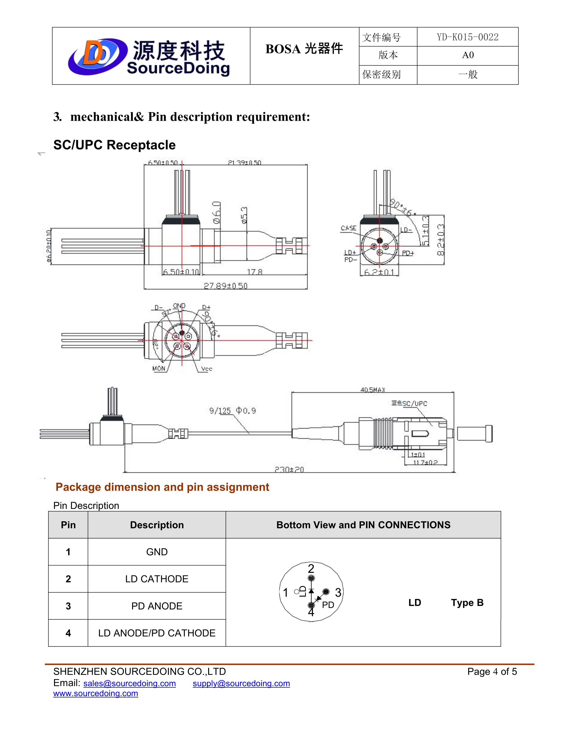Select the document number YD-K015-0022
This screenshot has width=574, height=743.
tap(468, 37)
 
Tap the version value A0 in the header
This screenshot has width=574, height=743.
tap(468, 55)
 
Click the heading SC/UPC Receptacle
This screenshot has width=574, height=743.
tap(114, 145)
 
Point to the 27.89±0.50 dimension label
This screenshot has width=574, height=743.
tap(226, 285)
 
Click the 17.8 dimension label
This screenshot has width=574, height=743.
tap(255, 272)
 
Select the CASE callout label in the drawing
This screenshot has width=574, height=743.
tap(348, 228)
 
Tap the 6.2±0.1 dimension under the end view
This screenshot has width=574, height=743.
tap(379, 272)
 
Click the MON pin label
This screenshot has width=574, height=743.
tap(159, 368)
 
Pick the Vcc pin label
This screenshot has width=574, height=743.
tap(206, 369)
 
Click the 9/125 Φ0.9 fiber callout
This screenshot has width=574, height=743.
tap(232, 411)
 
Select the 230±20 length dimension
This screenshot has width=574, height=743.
tap(289, 469)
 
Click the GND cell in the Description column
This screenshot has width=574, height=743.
tap(157, 552)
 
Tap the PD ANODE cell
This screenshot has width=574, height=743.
tap(157, 606)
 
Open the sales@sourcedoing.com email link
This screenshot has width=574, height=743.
tap(130, 684)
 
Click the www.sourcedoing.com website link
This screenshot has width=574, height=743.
tap(95, 693)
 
